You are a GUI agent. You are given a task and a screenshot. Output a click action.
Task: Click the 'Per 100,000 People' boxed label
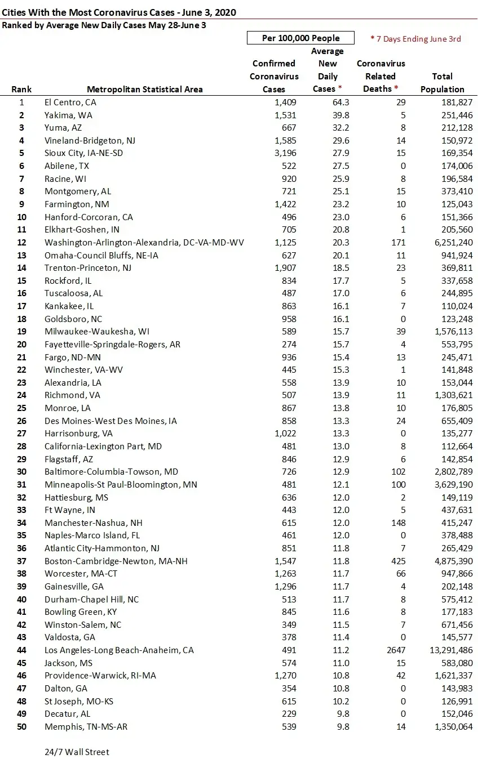300,38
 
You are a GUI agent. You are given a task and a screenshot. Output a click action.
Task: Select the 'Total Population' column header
442,83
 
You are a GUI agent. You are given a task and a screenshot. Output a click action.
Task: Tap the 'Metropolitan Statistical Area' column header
145,89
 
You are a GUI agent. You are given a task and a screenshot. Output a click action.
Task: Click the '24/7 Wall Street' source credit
77,752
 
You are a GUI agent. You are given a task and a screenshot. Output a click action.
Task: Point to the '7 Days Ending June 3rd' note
415,39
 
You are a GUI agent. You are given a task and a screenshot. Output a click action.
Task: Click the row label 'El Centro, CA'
70,102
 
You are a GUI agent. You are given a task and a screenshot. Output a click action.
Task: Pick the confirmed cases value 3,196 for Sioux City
285,153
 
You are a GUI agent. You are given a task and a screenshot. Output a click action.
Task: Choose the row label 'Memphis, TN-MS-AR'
86,726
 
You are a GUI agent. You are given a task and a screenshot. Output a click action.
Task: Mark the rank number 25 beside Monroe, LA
22,408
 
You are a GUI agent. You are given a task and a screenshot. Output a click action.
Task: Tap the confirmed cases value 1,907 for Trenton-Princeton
285,268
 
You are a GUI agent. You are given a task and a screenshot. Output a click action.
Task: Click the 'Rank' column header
21,89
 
